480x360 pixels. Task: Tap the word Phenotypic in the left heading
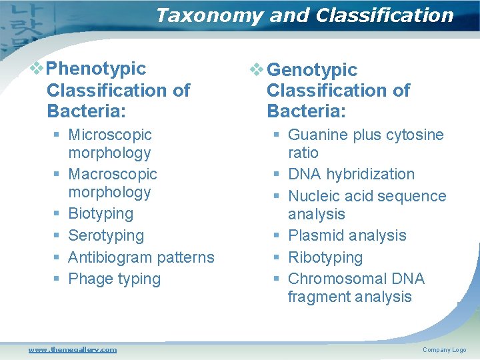pos(97,69)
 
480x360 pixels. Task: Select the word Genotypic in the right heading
pos(312,70)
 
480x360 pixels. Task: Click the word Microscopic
pos(110,135)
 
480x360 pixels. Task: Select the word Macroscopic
pos(113,174)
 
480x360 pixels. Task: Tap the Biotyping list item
pos(101,213)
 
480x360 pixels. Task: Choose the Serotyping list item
pos(106,235)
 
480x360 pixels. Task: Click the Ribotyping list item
pos(325,257)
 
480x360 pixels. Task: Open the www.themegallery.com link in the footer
pos(72,349)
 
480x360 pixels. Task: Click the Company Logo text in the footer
pos(444,350)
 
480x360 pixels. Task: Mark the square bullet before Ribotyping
pos(276,258)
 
